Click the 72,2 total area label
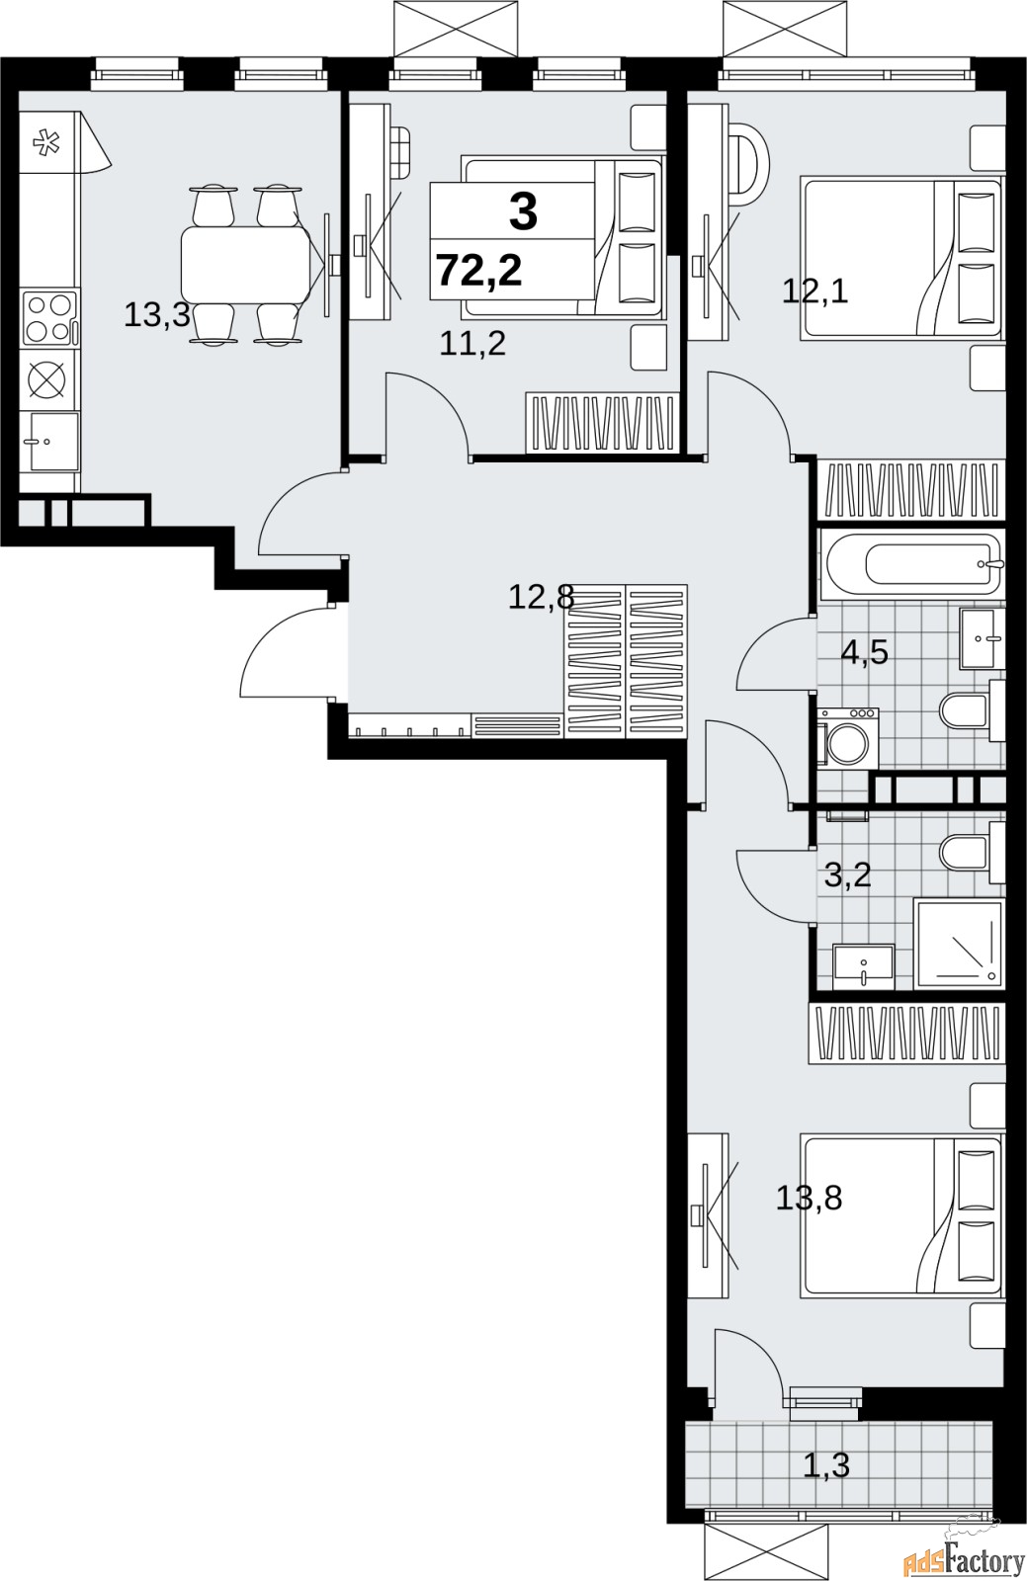[x=479, y=271]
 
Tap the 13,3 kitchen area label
[x=157, y=315]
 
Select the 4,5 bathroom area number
[x=864, y=653]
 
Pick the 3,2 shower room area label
[x=848, y=877]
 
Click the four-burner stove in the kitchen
[x=49, y=318]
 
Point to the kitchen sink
[x=52, y=443]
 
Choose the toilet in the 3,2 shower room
[x=972, y=852]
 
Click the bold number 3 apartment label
[x=523, y=211]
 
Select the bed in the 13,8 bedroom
[x=900, y=1216]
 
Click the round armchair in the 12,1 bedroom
[x=747, y=160]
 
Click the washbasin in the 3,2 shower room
[x=863, y=967]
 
